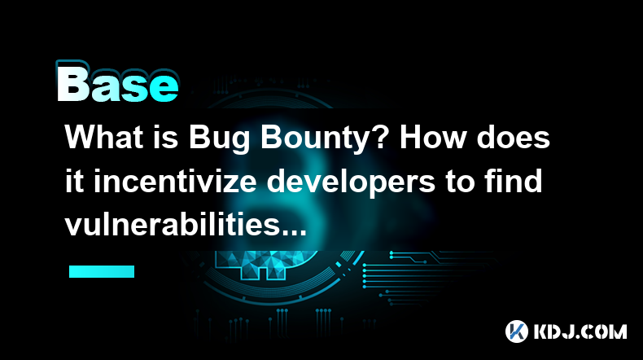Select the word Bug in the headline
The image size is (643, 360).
(x=219, y=139)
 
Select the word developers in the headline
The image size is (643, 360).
(x=351, y=184)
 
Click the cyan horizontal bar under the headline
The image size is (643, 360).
(x=102, y=271)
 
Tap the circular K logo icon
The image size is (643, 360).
(x=517, y=331)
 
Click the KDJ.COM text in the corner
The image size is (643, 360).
(x=580, y=331)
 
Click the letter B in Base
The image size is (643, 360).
(x=73, y=83)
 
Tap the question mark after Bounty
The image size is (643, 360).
(x=381, y=137)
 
